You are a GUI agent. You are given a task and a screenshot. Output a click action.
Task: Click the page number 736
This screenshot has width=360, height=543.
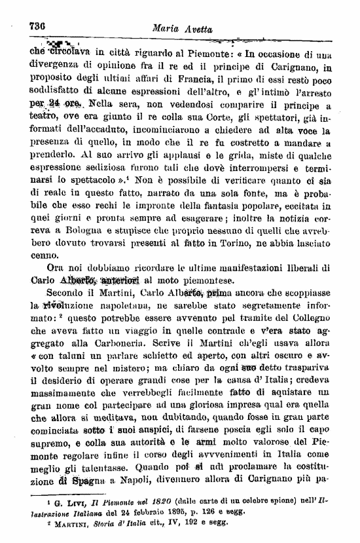(37, 26)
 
